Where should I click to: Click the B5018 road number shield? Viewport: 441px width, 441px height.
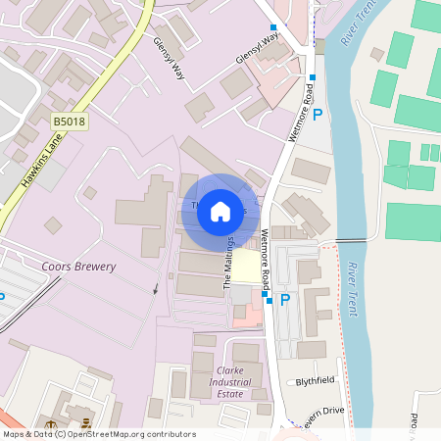[x=69, y=121]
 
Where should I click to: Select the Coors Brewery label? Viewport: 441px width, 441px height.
[x=78, y=267]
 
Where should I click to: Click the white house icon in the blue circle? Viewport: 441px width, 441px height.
[x=220, y=211]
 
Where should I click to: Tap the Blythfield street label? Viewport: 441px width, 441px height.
[x=315, y=380]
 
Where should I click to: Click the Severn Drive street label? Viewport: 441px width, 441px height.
[x=321, y=410]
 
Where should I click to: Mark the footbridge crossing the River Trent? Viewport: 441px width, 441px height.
[x=351, y=241]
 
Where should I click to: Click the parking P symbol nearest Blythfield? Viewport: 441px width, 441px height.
[x=285, y=300]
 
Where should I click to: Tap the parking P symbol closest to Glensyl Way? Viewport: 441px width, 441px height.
[x=317, y=115]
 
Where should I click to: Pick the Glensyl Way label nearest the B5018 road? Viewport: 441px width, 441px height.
[x=169, y=65]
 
